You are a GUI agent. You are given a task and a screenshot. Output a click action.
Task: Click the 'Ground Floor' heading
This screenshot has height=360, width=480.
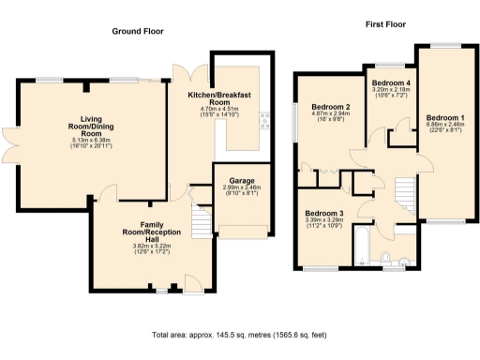click(138, 31)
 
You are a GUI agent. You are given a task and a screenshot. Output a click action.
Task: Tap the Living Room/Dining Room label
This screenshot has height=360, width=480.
click(91, 125)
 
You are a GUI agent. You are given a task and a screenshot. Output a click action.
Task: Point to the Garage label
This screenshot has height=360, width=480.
click(243, 180)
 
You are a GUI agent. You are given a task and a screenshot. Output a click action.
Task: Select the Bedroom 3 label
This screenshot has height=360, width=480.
click(323, 213)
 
